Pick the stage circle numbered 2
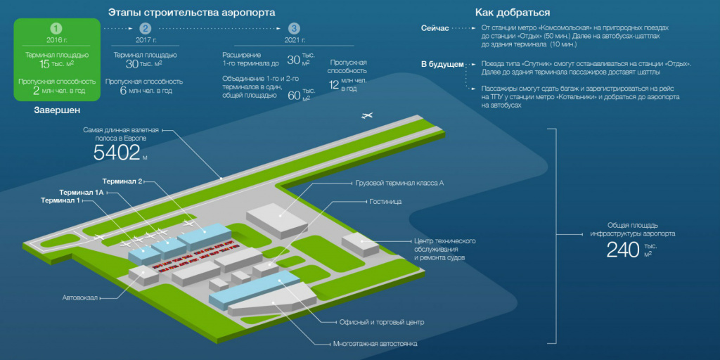(145, 29)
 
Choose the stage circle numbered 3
(294, 29)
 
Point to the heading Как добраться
(513, 13)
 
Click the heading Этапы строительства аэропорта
(191, 13)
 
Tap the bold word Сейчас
(435, 27)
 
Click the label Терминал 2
(122, 181)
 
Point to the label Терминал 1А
(82, 192)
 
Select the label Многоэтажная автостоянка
(375, 345)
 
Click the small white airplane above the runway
(366, 115)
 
